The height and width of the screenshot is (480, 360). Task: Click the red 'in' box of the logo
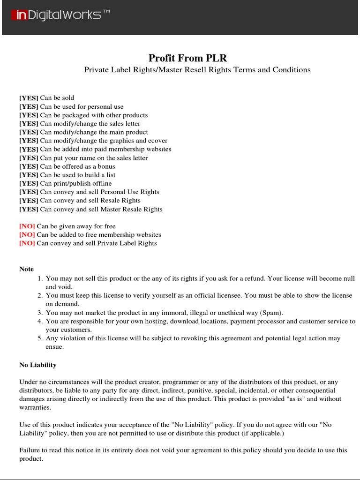(20, 15)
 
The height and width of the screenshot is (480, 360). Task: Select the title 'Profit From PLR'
(187, 58)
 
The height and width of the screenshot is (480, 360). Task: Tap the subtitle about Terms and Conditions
(197, 70)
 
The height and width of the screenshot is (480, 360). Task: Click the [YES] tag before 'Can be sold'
(29, 98)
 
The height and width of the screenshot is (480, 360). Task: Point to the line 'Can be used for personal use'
(82, 107)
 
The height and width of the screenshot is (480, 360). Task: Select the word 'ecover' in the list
(158, 141)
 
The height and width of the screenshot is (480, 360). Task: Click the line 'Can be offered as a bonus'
(77, 166)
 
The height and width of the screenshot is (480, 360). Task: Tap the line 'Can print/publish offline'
(76, 183)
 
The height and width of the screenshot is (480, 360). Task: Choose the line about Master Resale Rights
(101, 209)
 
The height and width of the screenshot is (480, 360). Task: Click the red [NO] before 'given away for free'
(27, 226)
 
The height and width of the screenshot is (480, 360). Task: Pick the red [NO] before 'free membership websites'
(27, 235)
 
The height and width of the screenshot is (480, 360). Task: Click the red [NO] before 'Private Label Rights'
(27, 243)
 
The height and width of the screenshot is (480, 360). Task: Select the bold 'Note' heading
(26, 269)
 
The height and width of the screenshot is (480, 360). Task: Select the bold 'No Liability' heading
(37, 365)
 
